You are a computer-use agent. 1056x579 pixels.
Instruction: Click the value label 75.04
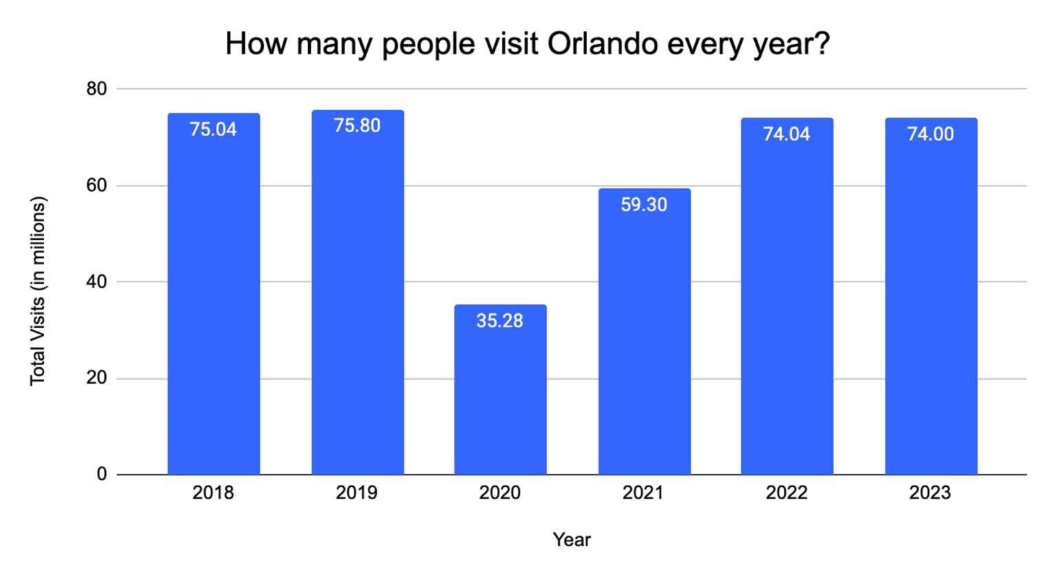coord(213,129)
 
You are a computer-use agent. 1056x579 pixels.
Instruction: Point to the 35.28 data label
coord(500,320)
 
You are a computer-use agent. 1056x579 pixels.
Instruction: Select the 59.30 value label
coord(644,204)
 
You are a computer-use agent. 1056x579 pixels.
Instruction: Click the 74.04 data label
coord(786,134)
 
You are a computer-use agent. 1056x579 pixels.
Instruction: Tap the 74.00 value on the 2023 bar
coord(930,134)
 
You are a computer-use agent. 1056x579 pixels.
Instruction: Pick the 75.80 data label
coord(357,125)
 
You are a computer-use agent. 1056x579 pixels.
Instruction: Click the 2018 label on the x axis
coord(213,492)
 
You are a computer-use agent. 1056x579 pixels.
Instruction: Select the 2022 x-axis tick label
coord(786,492)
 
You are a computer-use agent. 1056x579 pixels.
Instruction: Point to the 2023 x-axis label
coord(930,492)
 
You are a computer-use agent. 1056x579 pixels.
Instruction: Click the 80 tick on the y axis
coord(97,89)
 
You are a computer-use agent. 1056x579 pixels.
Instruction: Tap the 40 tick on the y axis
coord(97,282)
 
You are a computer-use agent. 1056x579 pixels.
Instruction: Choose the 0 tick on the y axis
coord(102,474)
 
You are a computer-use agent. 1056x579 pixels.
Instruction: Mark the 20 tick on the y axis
coord(97,378)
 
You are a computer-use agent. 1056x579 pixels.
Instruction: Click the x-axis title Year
coord(572,540)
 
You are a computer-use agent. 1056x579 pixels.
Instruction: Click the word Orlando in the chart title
coord(602,44)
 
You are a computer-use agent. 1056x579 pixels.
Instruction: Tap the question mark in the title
coord(822,44)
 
